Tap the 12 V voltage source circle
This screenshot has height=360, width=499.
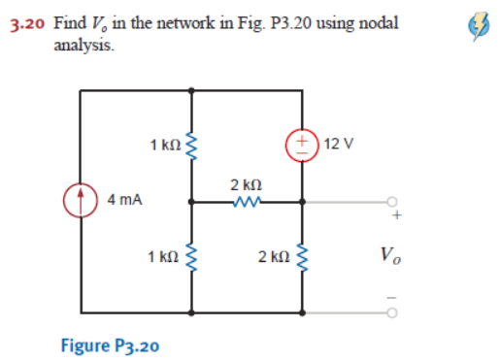301,146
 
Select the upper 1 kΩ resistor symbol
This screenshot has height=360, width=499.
192,146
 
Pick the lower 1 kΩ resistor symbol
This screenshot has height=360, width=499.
192,256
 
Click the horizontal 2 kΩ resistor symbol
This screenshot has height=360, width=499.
246,202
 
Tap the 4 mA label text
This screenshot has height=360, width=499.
125,200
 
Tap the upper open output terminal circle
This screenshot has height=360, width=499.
392,202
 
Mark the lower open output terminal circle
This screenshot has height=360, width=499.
392,313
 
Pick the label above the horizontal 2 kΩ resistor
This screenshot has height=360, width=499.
244,184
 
